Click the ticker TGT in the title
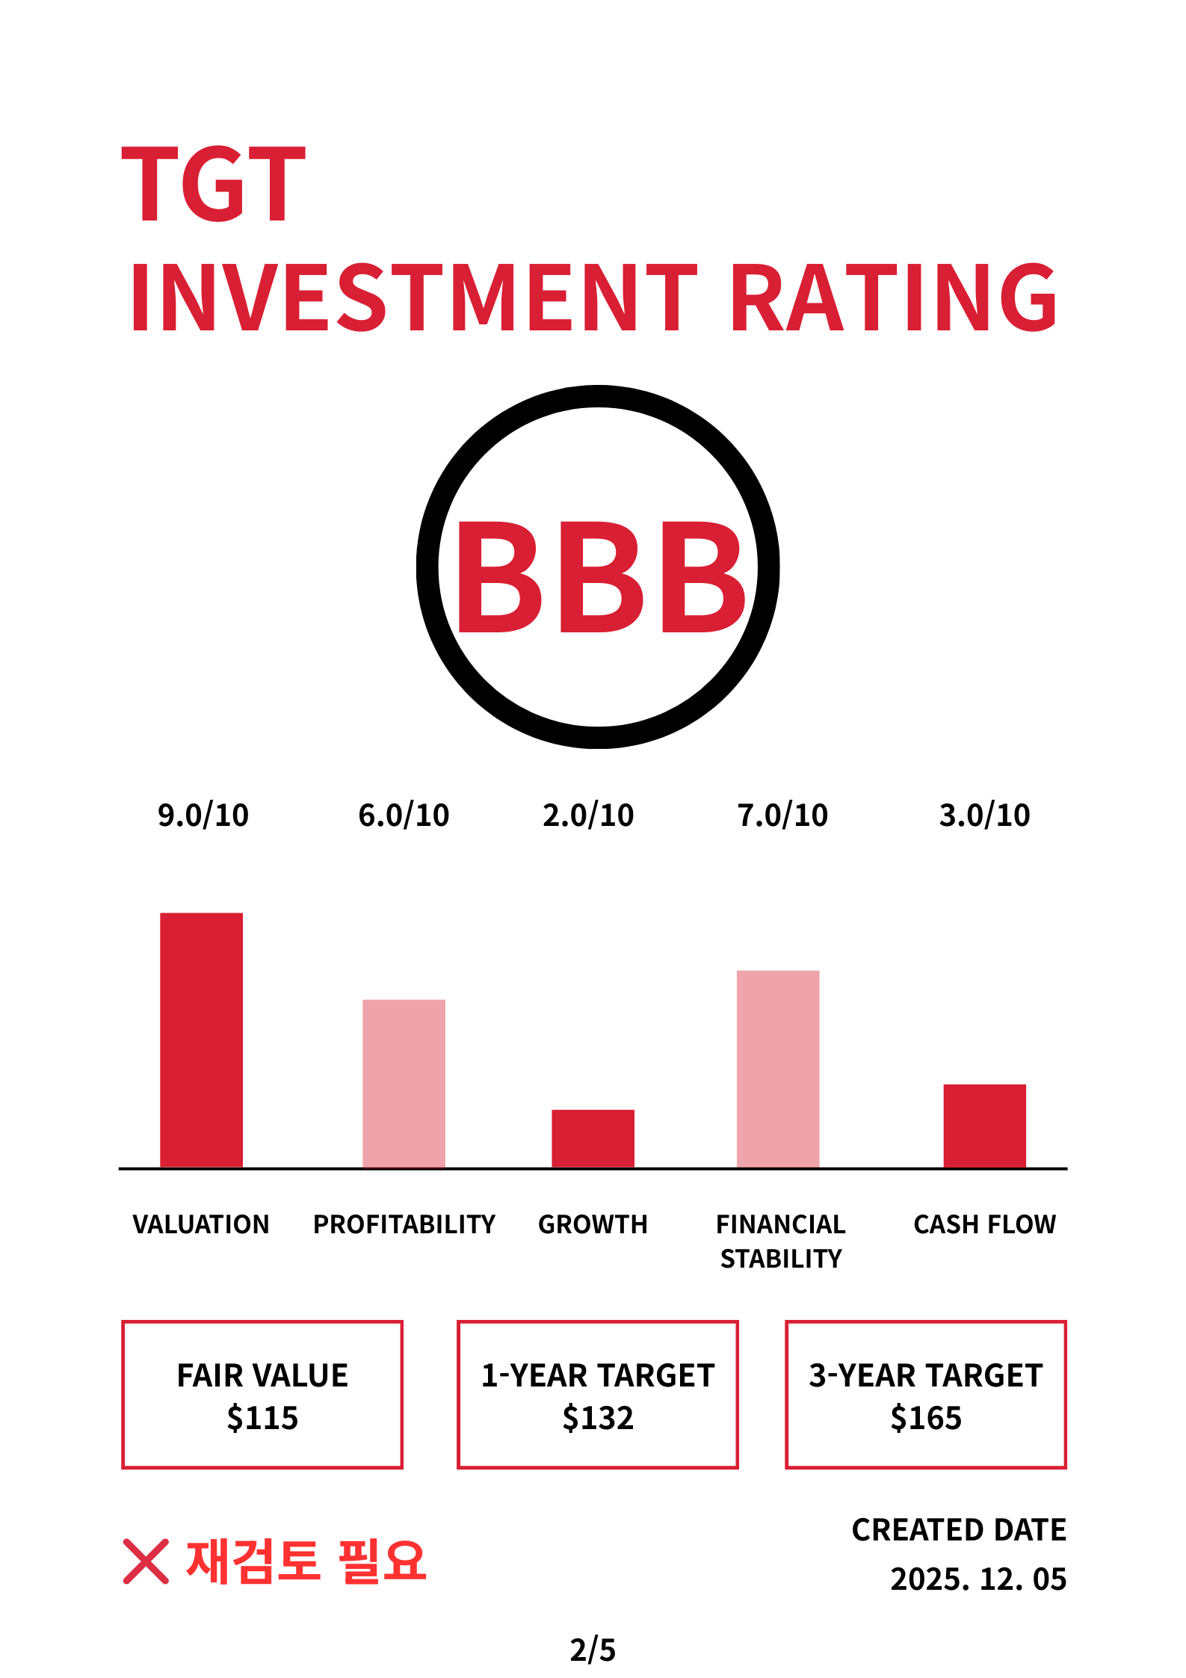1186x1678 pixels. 214,184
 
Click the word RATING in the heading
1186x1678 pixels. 894,297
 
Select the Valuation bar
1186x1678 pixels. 202,1040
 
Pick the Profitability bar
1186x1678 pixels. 404,1083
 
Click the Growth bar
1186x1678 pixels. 593,1138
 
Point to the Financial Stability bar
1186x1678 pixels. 778,1069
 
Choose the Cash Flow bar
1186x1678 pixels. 985,1126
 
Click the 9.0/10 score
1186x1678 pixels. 203,815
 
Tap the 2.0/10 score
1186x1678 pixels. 589,815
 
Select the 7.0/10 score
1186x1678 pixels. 783,815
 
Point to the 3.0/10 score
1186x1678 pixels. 985,815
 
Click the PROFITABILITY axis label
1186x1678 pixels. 404,1224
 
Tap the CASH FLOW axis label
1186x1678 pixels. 985,1224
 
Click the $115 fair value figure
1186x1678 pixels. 262,1418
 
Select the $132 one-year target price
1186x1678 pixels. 598,1418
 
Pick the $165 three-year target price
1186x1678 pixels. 926,1418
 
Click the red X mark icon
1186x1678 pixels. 146,1561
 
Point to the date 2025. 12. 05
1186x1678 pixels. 979,1579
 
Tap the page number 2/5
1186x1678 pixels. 593,1650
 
